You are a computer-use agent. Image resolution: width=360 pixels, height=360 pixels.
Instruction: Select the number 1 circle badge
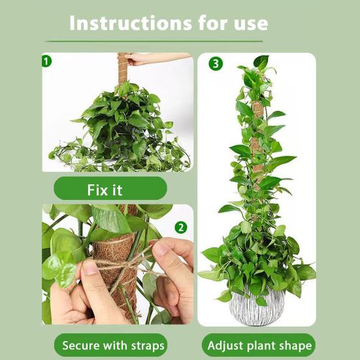tap(46, 61)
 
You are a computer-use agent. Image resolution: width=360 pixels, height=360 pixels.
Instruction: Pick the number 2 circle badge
tap(181, 228)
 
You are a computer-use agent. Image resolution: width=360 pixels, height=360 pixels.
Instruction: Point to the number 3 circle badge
tap(216, 64)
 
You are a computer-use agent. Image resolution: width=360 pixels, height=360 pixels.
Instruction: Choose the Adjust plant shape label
tap(259, 345)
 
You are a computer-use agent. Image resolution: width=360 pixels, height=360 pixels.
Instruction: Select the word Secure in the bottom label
tap(78, 346)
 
